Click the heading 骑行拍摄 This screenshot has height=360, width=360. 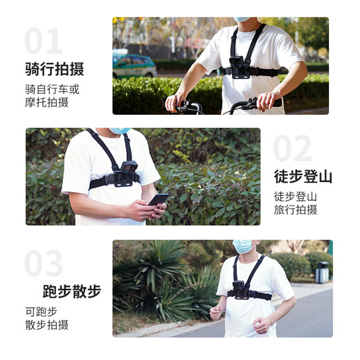(54, 69)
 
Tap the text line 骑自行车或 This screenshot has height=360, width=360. (52, 89)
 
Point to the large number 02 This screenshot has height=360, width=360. (292, 149)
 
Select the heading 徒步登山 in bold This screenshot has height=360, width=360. (303, 177)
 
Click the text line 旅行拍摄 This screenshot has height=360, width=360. (295, 209)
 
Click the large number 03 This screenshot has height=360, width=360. (44, 264)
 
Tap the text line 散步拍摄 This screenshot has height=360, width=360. (46, 325)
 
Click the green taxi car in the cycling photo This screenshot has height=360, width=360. (134, 66)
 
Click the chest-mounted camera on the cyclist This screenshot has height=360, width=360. (240, 68)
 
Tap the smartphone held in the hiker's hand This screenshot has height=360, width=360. (158, 199)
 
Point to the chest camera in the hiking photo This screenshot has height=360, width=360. (126, 174)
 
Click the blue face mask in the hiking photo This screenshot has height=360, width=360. (120, 131)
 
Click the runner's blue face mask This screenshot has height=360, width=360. (242, 246)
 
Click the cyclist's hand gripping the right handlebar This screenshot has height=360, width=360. (266, 101)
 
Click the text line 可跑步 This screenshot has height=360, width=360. (41, 311)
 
